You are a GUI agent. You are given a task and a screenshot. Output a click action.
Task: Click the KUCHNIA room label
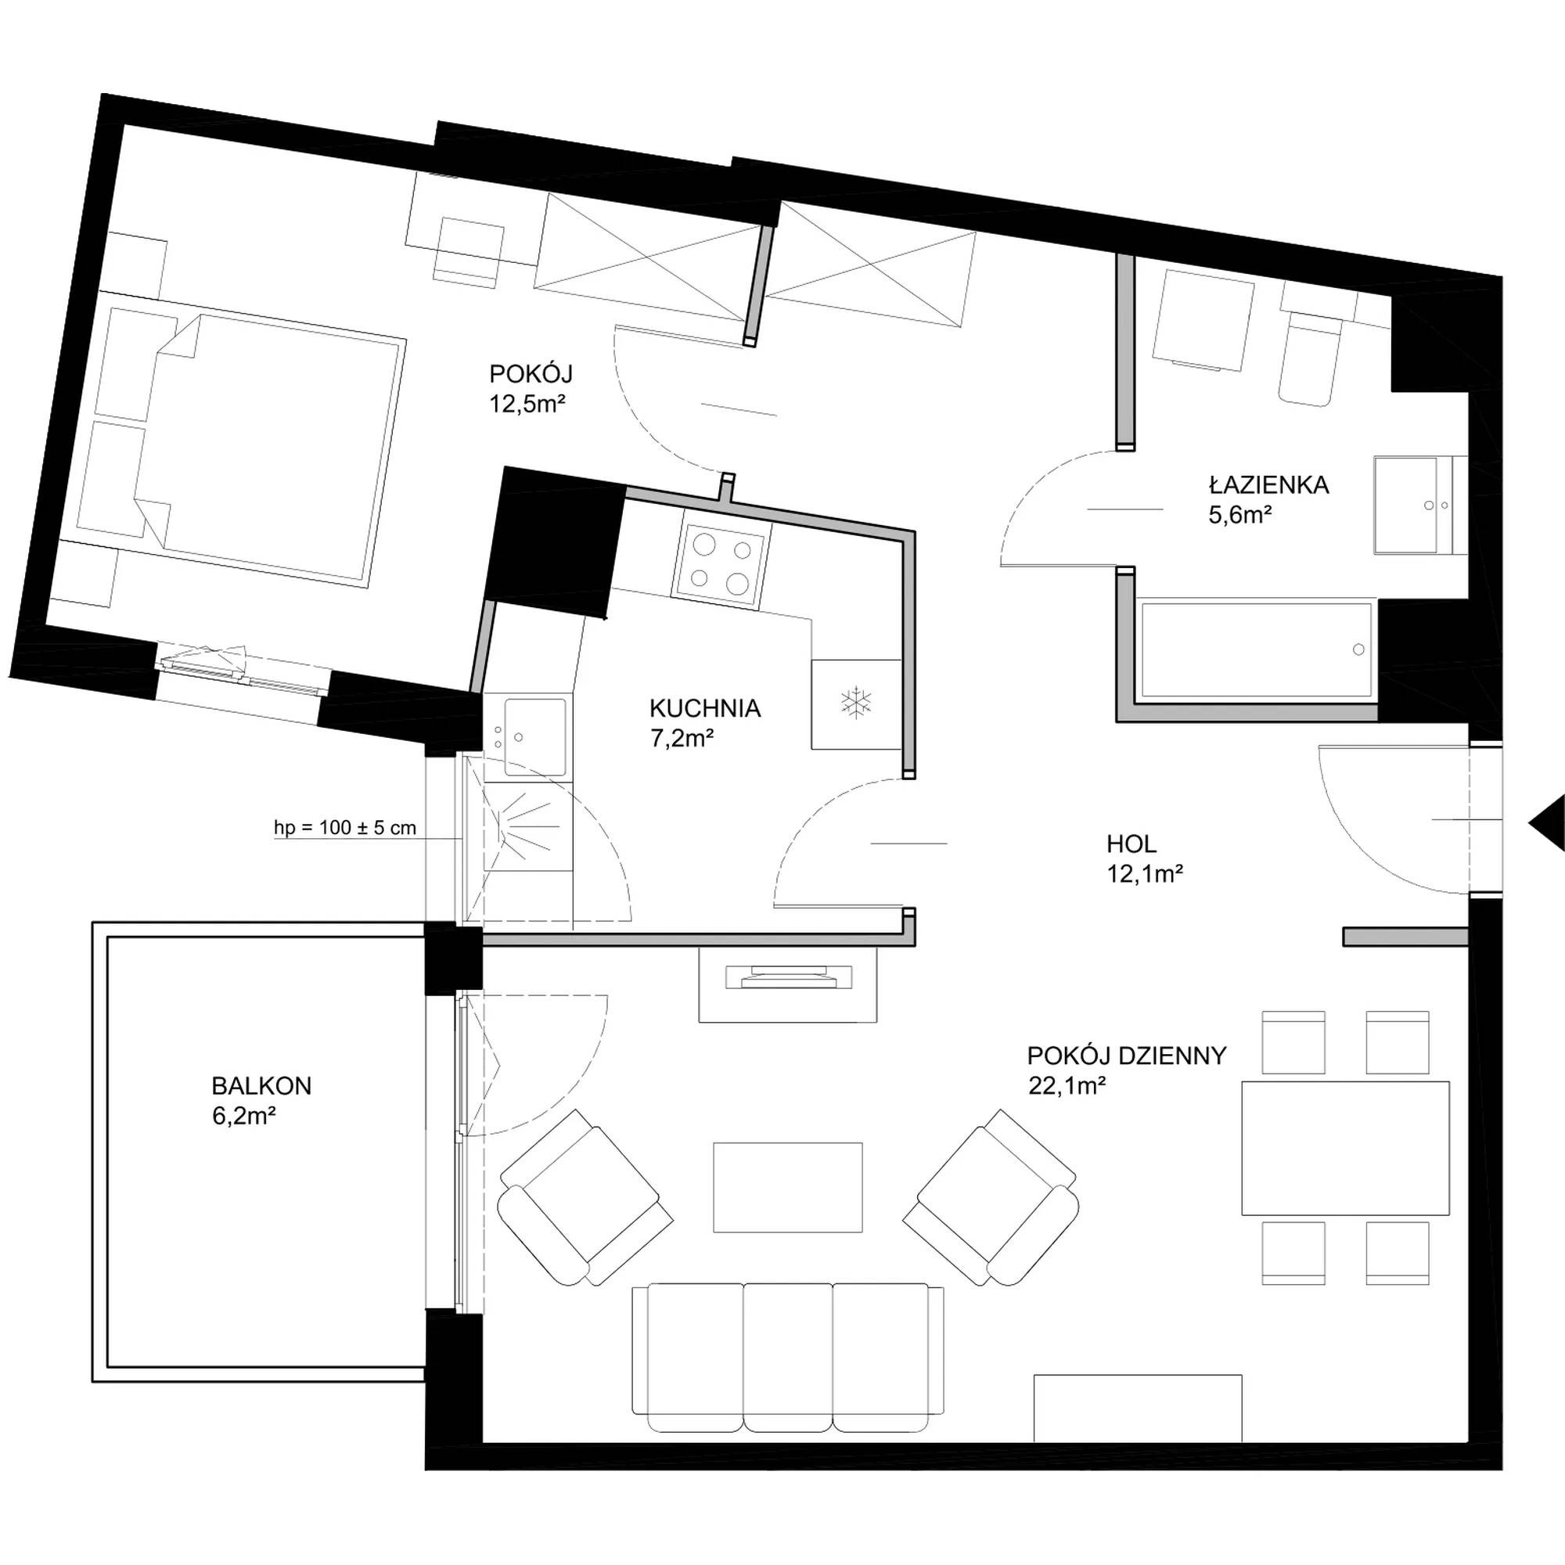pos(705,709)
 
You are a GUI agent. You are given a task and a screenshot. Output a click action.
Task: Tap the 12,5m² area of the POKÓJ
pos(527,404)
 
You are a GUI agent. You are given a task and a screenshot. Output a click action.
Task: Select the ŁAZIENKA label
pos(1268,485)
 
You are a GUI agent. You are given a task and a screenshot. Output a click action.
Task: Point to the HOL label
pos(1131,844)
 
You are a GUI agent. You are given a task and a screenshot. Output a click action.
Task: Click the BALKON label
pos(261,1085)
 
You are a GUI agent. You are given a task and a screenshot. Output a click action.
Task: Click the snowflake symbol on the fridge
pos(855,703)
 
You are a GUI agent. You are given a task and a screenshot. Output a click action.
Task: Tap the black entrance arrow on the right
pos(1546,823)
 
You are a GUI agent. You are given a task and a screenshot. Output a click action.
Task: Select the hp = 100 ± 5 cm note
pos(345,828)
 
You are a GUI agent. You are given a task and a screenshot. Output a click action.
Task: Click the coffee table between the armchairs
pos(787,1188)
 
